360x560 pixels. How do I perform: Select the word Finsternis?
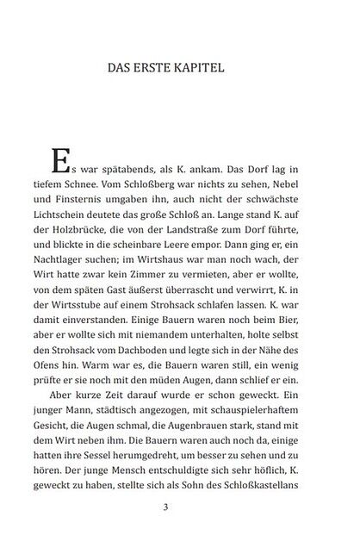pyautogui.click(x=102, y=202)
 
